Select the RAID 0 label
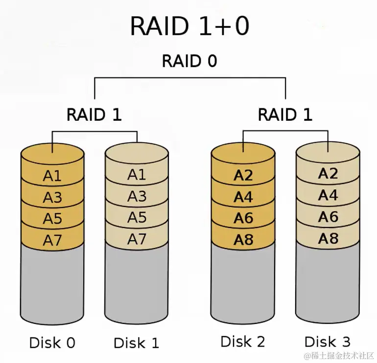click(189, 62)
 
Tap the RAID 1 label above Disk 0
click(94, 114)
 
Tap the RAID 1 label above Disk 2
click(285, 114)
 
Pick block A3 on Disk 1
click(137, 196)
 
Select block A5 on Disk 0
click(52, 218)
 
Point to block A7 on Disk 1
click(137, 239)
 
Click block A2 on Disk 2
click(243, 176)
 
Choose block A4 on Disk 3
click(328, 195)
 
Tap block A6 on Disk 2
click(243, 218)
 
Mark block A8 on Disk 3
click(328, 238)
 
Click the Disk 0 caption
click(52, 342)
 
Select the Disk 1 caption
click(137, 342)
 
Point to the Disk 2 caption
click(243, 341)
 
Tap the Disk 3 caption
click(328, 341)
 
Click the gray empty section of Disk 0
click(52, 284)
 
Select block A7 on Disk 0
click(52, 240)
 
